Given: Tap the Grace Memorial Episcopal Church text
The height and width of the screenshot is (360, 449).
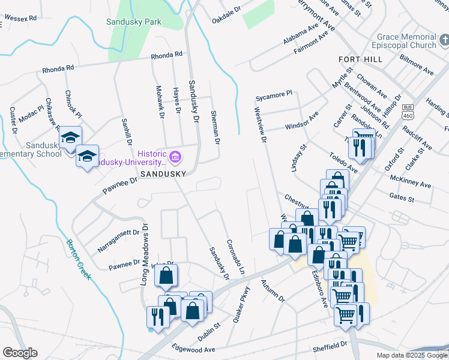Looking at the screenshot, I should pos(406,41).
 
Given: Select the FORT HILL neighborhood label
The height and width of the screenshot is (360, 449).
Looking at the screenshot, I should pos(360,59).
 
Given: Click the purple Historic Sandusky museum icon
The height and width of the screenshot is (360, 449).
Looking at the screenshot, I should pos(175,158).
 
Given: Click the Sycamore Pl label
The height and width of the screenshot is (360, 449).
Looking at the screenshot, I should pos(273,94).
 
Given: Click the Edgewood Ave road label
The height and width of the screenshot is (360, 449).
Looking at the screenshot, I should pos(193,349).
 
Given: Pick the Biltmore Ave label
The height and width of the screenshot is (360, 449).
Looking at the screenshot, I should pos(417,65).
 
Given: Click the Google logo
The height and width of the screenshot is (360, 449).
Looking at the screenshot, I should pos(20,353).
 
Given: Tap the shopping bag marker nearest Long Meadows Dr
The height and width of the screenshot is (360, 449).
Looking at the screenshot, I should pos(166,276).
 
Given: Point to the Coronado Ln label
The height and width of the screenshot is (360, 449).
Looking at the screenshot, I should pos(235,258).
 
